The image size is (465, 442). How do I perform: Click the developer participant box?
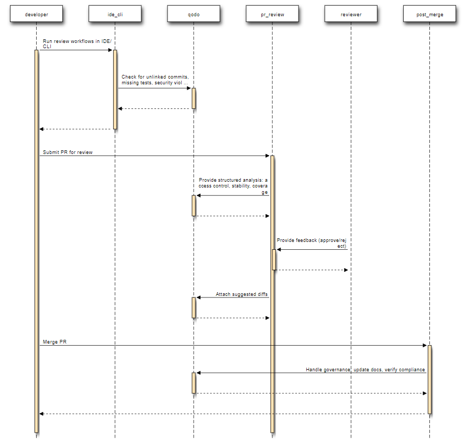pos(36,15)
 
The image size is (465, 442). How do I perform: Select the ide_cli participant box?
pos(115,15)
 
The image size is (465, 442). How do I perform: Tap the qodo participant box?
pos(193,15)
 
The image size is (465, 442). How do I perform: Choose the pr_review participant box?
pos(272,15)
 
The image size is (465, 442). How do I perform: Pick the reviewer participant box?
pos(350,15)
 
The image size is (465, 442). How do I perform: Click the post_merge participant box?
pos(429,15)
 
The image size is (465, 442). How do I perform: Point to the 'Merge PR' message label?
pos(54,342)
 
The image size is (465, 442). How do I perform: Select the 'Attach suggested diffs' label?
pos(242,294)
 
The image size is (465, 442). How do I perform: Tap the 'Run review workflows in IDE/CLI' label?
pos(77,43)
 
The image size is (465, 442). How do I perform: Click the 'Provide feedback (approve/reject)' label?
pos(312,243)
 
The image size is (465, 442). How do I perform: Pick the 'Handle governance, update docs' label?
pos(365,370)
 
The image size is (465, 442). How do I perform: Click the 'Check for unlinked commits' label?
pos(155,80)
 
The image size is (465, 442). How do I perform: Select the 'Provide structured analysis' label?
pos(233,186)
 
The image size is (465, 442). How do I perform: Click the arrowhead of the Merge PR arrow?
pos(425,346)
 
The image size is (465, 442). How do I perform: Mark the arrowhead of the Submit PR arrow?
pos(267,156)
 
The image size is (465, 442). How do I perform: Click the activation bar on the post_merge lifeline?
pos(429,379)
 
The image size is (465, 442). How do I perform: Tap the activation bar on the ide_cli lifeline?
pos(115,89)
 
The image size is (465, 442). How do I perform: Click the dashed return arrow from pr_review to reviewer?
pos(312,270)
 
